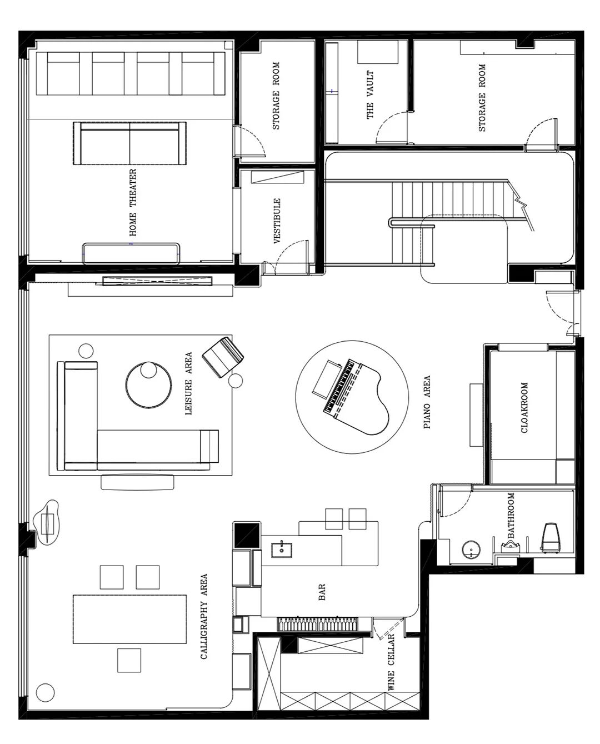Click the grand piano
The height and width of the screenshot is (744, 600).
tap(356, 398)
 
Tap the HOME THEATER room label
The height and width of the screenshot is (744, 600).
tap(133, 203)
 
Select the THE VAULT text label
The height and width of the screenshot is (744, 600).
tap(370, 94)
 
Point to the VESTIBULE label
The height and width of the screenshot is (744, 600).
tap(277, 221)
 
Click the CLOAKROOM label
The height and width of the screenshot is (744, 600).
tap(524, 408)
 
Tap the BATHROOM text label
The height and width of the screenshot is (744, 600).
tap(511, 516)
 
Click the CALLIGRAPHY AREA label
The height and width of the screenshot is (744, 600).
tap(204, 616)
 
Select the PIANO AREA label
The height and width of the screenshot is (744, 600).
tap(427, 402)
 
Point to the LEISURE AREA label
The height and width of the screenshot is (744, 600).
tap(188, 383)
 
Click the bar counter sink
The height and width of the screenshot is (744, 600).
tap(282, 550)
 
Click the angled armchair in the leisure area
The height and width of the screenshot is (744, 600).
tap(223, 357)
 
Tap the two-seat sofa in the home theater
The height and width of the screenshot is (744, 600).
tap(129, 143)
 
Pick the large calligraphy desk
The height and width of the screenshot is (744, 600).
tap(129, 619)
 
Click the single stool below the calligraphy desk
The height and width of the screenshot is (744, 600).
tap(129, 660)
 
